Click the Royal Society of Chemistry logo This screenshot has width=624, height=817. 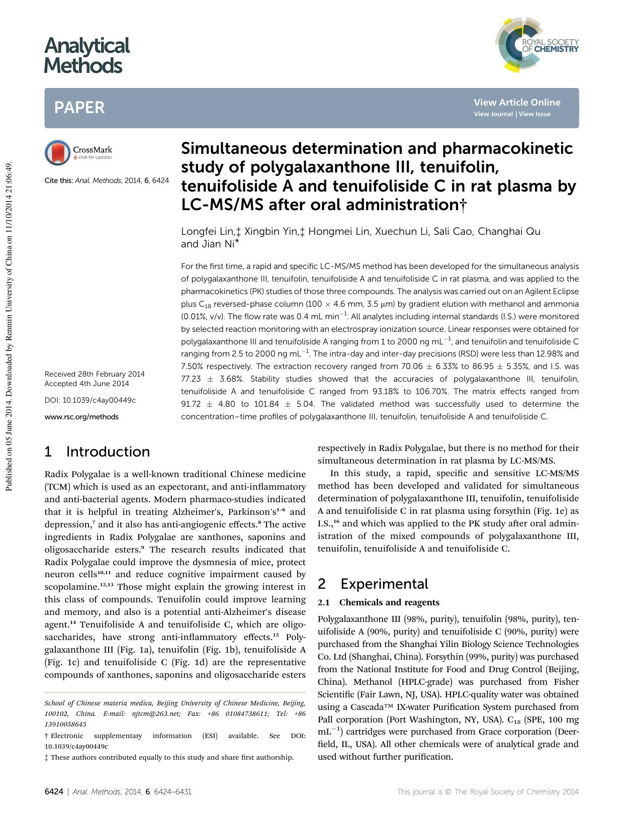pos(537,44)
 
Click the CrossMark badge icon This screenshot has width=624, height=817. pos(57,152)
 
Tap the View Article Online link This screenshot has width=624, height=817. pos(516,102)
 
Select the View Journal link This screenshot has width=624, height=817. pos(493,114)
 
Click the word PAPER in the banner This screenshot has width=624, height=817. pos(79,108)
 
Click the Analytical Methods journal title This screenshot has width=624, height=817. pos(86,55)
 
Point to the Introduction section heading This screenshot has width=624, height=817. pos(108,451)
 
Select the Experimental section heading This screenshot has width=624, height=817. pos(384,584)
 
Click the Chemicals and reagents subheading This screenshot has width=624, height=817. pos(389,602)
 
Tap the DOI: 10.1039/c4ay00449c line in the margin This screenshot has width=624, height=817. pos(90,400)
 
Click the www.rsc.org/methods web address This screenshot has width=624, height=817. pos(81,416)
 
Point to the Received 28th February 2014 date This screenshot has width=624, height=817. pos(95,374)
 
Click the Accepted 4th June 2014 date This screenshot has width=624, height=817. pos(87,384)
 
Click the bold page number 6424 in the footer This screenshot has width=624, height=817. pos(54,791)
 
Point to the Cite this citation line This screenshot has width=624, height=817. pos(107,180)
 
